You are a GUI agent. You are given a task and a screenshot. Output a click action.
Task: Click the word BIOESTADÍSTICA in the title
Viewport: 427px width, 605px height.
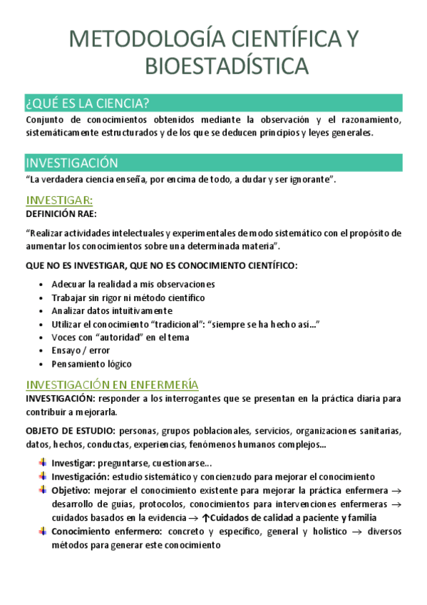click(227, 66)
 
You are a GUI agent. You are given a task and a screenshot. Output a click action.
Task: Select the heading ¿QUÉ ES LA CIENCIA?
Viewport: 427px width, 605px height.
click(87, 103)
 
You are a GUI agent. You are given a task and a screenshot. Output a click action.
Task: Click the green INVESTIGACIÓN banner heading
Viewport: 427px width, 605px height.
click(72, 163)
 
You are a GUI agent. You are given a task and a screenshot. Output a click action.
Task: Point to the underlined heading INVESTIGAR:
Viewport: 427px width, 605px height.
click(59, 200)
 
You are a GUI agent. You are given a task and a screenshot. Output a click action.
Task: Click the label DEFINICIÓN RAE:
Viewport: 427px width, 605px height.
click(61, 213)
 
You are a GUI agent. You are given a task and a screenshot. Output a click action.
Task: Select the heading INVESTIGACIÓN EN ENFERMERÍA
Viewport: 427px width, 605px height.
click(112, 385)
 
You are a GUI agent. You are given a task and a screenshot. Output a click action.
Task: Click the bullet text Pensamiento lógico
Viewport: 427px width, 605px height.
click(91, 364)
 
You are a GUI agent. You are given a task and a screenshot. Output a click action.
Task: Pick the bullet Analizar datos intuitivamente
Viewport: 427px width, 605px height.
click(112, 310)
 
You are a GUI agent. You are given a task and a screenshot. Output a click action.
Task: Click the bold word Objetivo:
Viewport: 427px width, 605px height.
click(71, 491)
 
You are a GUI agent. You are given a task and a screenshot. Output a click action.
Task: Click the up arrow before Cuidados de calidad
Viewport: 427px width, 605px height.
click(206, 518)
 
